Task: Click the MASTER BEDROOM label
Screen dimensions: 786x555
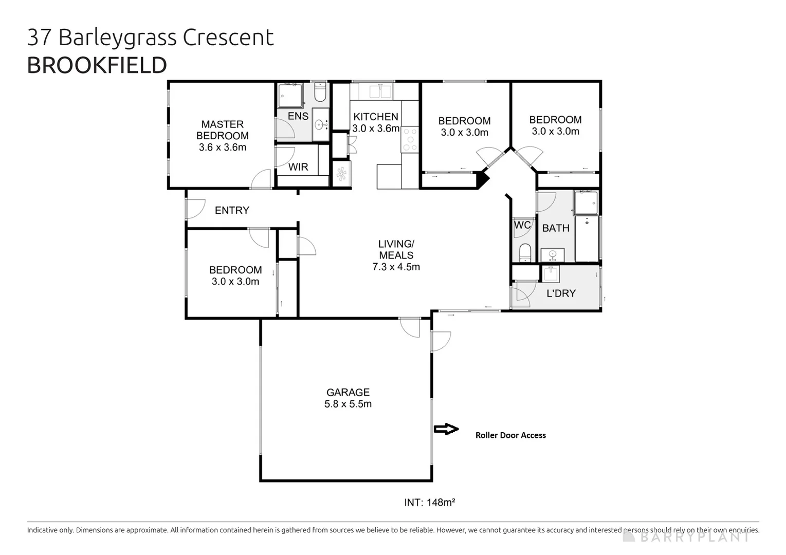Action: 223,130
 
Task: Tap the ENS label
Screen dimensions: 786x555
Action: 298,116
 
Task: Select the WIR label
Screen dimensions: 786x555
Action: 298,167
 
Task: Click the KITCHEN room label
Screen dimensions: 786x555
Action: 375,117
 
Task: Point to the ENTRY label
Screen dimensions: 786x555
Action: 232,210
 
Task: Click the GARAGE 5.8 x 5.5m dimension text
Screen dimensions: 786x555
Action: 348,404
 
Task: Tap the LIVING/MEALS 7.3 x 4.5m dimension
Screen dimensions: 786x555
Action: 396,267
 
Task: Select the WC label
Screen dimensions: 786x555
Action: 522,225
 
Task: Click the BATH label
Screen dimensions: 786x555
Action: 556,228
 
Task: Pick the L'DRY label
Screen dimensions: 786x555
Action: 561,293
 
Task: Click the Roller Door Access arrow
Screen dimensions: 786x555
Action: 446,429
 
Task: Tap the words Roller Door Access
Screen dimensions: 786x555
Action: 510,435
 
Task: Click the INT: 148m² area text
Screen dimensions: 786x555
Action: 429,503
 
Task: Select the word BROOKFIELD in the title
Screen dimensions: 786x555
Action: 97,65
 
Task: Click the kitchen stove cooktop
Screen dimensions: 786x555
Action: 410,139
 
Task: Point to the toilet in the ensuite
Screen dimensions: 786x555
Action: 320,91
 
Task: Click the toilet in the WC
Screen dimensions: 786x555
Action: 525,253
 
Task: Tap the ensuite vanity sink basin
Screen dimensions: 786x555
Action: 320,124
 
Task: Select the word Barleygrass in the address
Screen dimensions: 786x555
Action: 118,38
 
